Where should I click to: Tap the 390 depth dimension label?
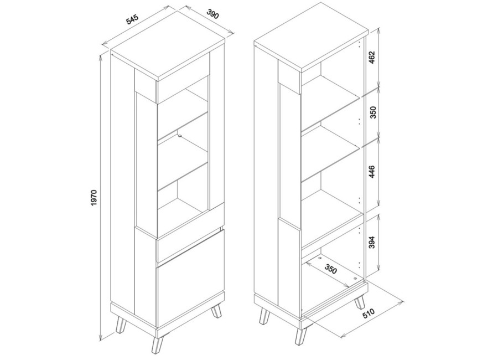213,14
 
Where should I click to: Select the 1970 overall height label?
94,198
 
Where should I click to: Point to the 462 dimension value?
372,58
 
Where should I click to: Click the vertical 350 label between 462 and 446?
373,112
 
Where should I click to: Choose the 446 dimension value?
372,171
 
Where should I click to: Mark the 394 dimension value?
372,242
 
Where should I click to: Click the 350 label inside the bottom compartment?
330,269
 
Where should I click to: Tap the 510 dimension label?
369,313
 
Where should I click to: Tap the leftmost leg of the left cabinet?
121,324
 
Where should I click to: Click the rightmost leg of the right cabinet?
360,301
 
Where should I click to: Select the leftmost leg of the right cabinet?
264,316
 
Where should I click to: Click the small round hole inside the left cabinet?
180,136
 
